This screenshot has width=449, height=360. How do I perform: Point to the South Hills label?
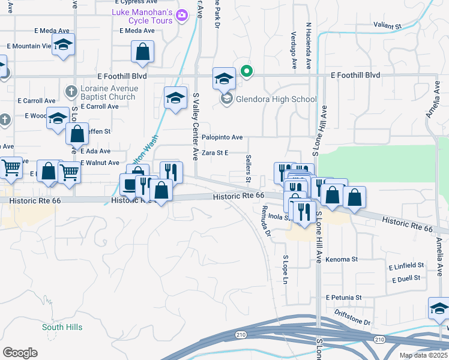pyautogui.click(x=62, y=327)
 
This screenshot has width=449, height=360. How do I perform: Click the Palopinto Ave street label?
pyautogui.click(x=222, y=137)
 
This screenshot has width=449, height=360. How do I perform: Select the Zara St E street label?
pyautogui.click(x=215, y=153)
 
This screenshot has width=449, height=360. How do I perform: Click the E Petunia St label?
pyautogui.click(x=344, y=297)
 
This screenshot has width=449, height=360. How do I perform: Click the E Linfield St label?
pyautogui.click(x=406, y=265)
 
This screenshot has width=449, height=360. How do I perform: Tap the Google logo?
pyautogui.click(x=20, y=352)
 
